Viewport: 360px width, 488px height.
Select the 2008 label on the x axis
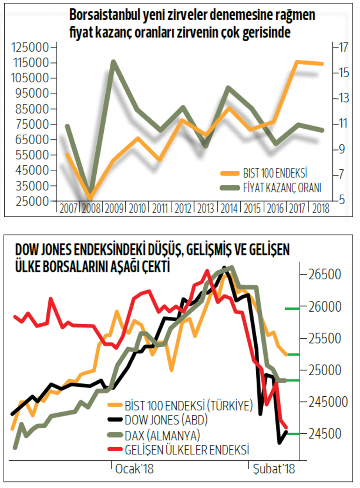[x=92, y=209]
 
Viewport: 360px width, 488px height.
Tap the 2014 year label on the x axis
[x=229, y=209]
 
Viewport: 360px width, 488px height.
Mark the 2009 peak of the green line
[x=114, y=62]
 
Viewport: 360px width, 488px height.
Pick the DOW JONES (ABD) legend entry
[x=166, y=419]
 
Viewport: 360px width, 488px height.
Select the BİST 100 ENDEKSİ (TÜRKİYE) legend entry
[x=189, y=404]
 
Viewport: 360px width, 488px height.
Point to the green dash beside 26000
[x=292, y=308]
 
